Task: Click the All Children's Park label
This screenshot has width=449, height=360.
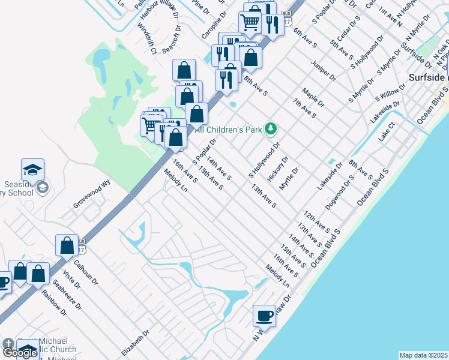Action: click(228, 128)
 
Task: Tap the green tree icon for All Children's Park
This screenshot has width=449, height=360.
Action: click(271, 128)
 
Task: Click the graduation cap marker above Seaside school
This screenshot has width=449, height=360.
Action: click(33, 170)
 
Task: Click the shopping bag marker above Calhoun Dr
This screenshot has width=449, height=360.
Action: click(67, 245)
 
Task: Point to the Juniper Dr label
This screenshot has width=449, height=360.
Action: click(324, 70)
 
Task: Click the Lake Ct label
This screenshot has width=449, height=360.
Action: click(387, 132)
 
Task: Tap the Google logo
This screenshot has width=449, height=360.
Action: click(20, 352)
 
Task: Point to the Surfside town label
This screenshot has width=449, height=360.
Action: click(427, 77)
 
